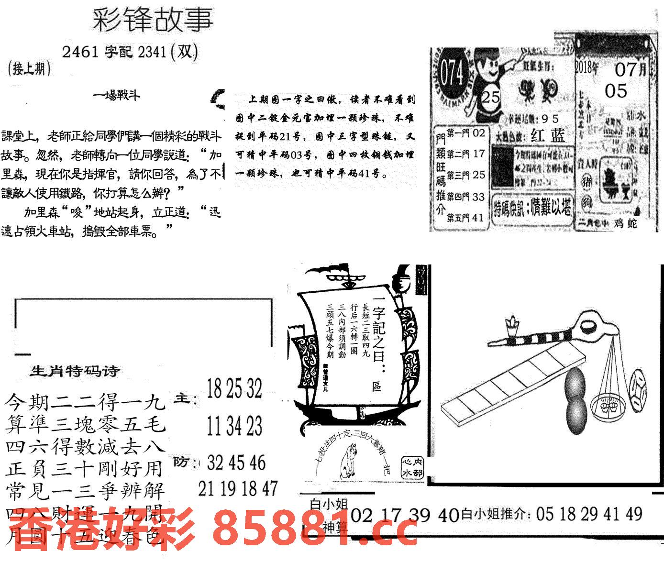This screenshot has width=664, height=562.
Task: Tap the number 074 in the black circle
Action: pos(452,75)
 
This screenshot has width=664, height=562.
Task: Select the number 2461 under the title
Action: pos(79,52)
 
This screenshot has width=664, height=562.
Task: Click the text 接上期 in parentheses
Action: pos(30,69)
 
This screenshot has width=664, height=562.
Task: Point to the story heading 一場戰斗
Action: pos(117,95)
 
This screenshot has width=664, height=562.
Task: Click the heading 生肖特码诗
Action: pos(75,371)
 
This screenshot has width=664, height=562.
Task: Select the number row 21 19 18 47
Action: pos(238,488)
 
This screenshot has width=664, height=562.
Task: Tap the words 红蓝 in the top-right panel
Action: pos(547,136)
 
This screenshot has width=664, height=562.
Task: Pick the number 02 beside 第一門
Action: pos(478,132)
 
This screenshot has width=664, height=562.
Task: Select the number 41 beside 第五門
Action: pos(478,218)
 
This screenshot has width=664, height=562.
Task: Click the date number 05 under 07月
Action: pos(616,91)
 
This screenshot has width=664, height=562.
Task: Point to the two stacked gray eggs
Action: pos(575,399)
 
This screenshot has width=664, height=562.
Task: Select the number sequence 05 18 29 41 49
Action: pos(589,515)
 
